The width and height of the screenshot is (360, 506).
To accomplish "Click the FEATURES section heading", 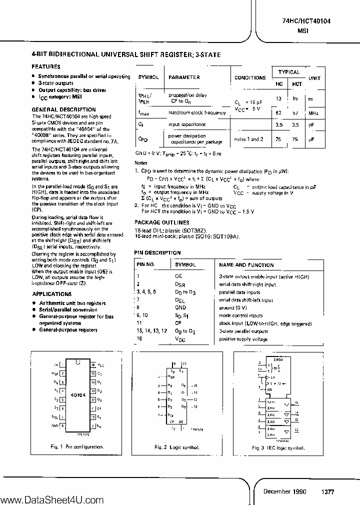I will [x=46, y=66].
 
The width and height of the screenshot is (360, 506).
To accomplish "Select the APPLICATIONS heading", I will [x=51, y=294].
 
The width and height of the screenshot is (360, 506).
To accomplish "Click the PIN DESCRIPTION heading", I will [x=157, y=253].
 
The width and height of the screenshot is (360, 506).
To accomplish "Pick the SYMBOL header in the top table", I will [x=148, y=77].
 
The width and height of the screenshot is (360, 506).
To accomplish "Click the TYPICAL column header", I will [x=288, y=72].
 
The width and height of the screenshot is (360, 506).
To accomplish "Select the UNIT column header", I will [x=314, y=78].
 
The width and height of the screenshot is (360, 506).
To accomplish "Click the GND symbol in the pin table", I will [x=180, y=308].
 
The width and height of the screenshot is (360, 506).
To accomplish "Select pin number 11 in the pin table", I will [x=139, y=323].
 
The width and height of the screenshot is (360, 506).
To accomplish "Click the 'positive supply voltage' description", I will [x=243, y=338].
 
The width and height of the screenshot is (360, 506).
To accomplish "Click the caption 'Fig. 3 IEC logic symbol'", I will [x=282, y=446].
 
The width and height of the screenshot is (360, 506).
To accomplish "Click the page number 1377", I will [x=327, y=491].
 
